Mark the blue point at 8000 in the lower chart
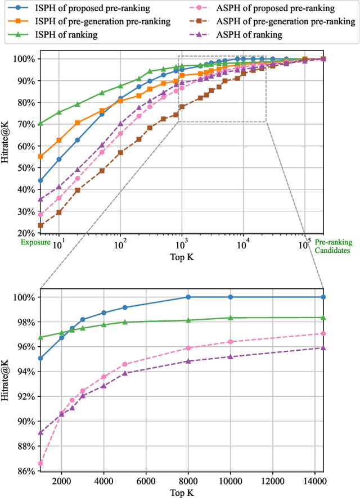click(188, 297)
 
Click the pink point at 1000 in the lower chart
click(40, 464)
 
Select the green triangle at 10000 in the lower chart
click(230, 318)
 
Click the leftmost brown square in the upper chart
click(40, 225)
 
